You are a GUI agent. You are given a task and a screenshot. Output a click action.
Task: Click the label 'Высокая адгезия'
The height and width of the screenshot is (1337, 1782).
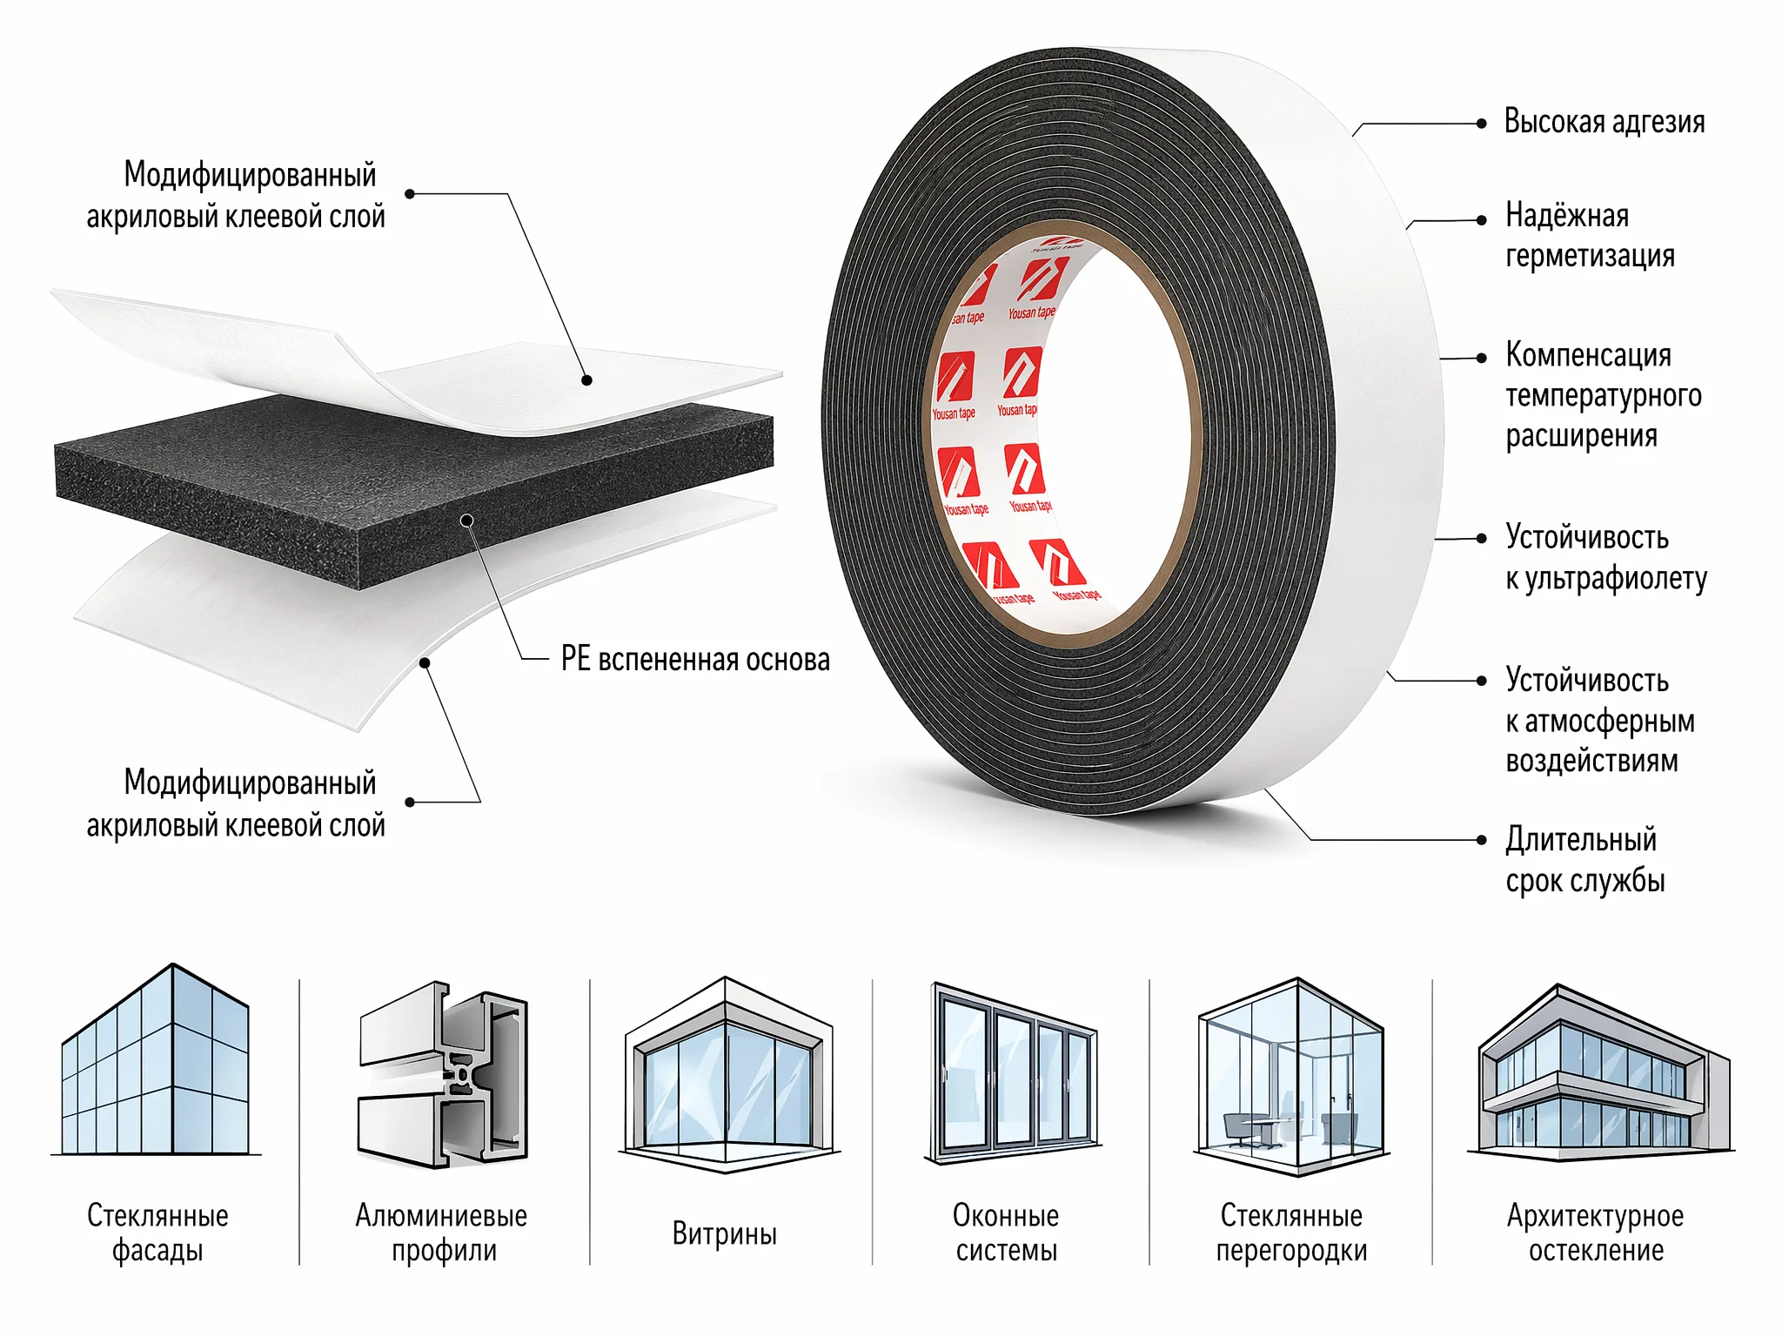1604,122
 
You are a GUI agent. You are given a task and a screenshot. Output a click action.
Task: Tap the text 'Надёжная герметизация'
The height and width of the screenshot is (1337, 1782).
1590,235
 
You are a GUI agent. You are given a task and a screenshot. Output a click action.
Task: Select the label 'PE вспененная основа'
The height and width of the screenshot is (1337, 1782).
695,659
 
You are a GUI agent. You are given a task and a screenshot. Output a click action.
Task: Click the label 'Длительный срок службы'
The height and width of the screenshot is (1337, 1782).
1585,860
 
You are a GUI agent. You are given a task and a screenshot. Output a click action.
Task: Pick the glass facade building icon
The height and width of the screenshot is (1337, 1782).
157,1060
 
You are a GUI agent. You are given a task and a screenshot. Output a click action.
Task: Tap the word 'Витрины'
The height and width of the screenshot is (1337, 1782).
725,1233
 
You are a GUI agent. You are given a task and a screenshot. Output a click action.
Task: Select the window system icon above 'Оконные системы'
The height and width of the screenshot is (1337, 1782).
1013,1073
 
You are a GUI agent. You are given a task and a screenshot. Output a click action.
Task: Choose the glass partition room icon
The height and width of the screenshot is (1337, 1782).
1292,1077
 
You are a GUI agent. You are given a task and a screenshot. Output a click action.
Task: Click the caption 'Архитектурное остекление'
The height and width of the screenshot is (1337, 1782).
1596,1233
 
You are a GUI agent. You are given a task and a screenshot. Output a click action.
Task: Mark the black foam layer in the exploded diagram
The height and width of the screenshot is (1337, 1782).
414,487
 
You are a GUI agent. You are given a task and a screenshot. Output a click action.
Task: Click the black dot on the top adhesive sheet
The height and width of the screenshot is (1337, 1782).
586,380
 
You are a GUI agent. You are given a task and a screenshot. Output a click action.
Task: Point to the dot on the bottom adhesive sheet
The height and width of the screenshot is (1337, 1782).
425,663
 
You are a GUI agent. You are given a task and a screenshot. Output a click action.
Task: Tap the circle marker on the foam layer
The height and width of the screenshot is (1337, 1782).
467,521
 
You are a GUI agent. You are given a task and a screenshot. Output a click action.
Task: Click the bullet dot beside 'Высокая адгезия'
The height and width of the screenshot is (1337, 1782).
1482,124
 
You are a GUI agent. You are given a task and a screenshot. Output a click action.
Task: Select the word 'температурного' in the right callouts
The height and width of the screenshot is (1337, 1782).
1604,396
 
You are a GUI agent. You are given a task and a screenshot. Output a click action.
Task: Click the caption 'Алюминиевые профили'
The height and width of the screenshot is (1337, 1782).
442,1233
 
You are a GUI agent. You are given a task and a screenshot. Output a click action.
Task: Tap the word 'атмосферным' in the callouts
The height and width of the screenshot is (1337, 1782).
1610,721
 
